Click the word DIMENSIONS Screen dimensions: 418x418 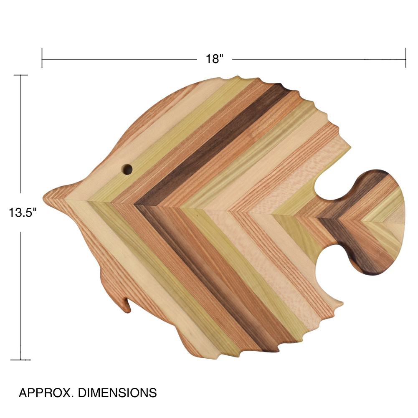coord(118,393)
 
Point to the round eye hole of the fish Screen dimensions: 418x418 coord(127,170)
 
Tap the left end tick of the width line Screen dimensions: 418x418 coord(42,58)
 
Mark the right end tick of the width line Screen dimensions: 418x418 coord(405,58)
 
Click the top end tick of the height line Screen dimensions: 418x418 coord(21,76)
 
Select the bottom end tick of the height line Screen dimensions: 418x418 coord(21,359)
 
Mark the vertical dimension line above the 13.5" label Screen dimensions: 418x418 coord(21,134)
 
